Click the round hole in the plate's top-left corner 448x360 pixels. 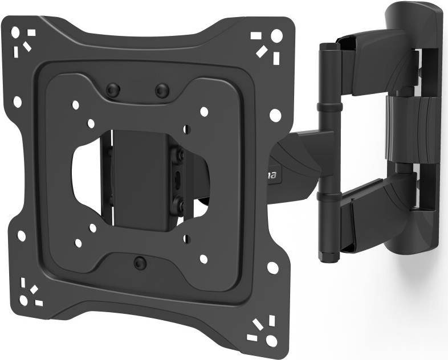coord(15,32)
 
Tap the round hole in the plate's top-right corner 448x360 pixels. coord(276,35)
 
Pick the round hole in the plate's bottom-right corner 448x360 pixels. coord(272,340)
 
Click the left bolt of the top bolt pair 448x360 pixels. coord(113,89)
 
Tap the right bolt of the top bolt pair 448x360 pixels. coord(162,90)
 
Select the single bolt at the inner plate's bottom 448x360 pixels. coord(139,262)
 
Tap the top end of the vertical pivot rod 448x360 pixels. coord(327,46)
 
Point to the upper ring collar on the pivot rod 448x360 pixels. coord(327,107)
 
